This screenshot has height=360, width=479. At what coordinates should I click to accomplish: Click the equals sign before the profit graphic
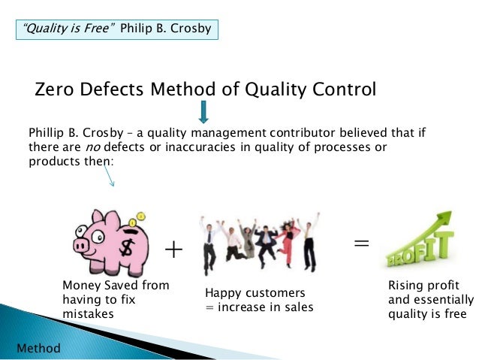click(x=361, y=243)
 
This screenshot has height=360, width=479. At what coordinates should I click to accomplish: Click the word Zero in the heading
click(x=57, y=91)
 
